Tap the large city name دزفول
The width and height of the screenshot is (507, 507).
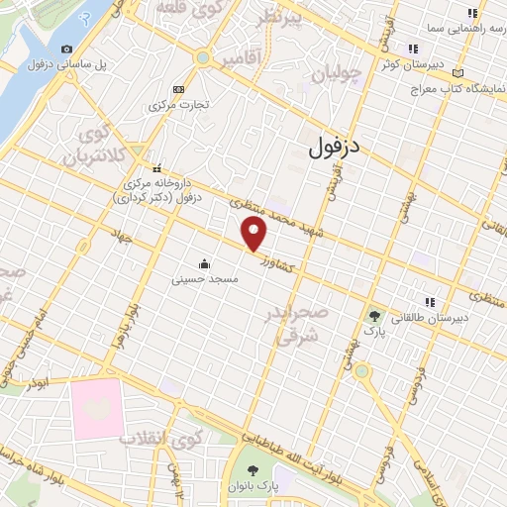pos(331,150)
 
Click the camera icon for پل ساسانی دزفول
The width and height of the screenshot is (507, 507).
pos(66,49)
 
